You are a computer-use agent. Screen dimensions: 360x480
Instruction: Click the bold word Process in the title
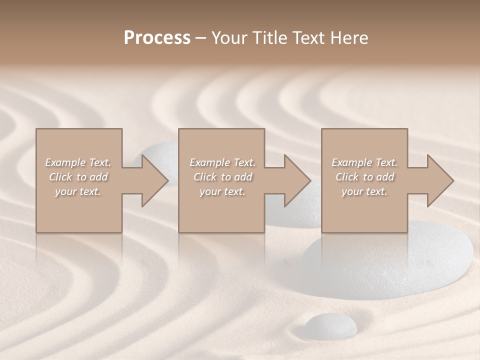tap(157, 38)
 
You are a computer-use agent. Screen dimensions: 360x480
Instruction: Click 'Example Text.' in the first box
tap(78, 162)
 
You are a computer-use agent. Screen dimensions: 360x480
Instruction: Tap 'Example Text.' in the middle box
tap(222, 162)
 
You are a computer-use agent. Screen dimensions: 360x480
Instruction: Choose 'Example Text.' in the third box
tap(364, 162)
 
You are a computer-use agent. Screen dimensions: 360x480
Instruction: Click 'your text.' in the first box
tap(78, 191)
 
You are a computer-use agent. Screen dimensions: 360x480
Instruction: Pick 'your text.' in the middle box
tap(222, 191)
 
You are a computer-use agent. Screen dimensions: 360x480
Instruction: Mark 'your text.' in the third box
tap(364, 191)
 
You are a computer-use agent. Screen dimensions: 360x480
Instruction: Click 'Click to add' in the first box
tap(78, 177)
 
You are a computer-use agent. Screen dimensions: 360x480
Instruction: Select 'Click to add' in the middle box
tap(222, 177)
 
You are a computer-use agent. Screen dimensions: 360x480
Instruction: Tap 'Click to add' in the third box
tap(364, 177)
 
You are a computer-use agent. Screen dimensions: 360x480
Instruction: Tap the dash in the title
tap(201, 38)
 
